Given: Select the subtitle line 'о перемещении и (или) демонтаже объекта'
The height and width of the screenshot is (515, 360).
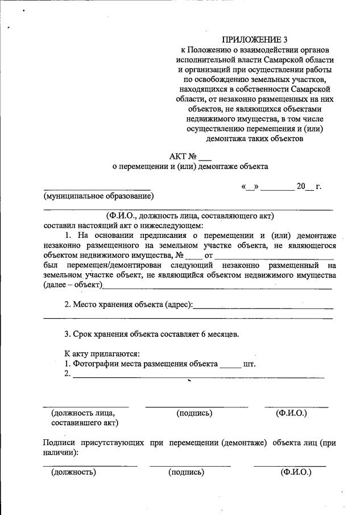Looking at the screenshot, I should (x=190, y=167).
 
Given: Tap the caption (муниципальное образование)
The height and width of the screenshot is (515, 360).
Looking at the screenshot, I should (x=98, y=197).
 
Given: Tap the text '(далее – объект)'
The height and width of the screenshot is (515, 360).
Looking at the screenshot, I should (x=73, y=285).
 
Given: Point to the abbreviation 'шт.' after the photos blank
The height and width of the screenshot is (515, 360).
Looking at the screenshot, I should (x=249, y=364).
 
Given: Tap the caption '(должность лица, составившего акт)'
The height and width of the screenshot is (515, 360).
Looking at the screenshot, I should (x=84, y=418).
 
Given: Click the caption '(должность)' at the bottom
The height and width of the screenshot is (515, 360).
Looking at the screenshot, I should (x=73, y=472).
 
